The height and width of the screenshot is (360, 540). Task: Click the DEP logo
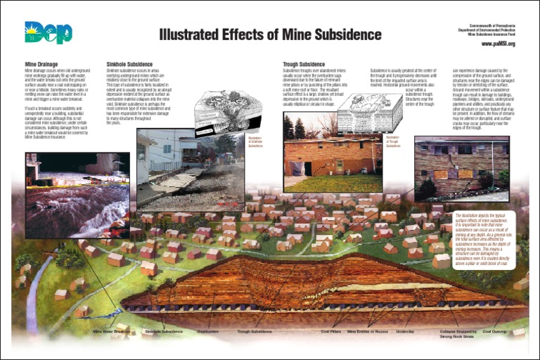[43, 33]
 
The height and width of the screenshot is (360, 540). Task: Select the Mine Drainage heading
[40, 63]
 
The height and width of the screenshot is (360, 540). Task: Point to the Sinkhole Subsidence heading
[129, 63]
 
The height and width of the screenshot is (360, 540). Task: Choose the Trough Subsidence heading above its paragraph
[304, 63]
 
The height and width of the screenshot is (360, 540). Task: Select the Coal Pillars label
[331, 330]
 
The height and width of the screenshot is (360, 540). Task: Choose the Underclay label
[406, 330]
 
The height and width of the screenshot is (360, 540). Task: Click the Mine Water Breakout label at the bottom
[112, 330]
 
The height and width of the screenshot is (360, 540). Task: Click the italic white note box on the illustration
[484, 239]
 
